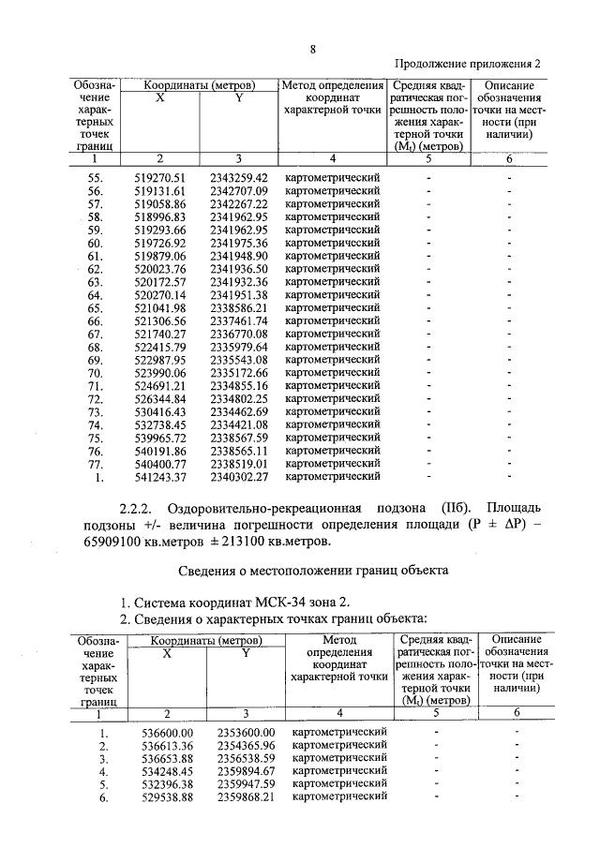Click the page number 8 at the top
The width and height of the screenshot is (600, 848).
click(311, 50)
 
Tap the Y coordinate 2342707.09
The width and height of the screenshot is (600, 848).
click(239, 190)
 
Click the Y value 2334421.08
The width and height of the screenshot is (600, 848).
click(239, 424)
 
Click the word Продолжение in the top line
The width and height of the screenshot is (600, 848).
click(435, 63)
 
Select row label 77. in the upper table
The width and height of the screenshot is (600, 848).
click(94, 463)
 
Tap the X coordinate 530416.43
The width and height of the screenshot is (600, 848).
click(161, 411)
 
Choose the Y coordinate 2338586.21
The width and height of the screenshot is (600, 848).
click(239, 307)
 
